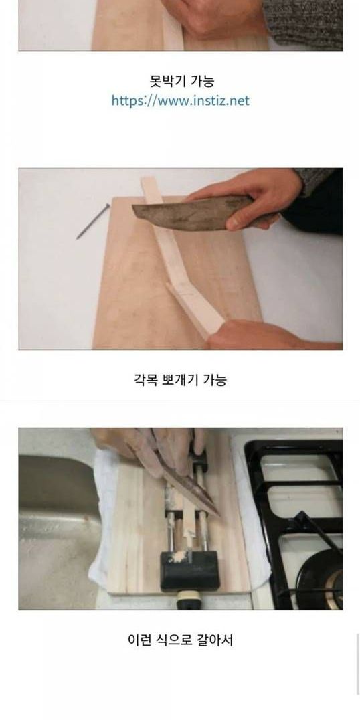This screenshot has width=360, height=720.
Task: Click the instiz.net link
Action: pos(181,100)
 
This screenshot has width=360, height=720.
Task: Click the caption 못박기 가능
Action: pos(182,81)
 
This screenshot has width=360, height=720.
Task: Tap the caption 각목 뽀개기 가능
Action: pos(180,380)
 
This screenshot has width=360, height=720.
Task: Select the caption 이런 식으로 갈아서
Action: pos(180,640)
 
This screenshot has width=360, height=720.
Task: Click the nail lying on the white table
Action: pos(93,221)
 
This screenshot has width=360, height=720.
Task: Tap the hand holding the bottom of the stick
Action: pos(271,335)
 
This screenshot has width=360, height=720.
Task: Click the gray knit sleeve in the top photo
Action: pos(303,23)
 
